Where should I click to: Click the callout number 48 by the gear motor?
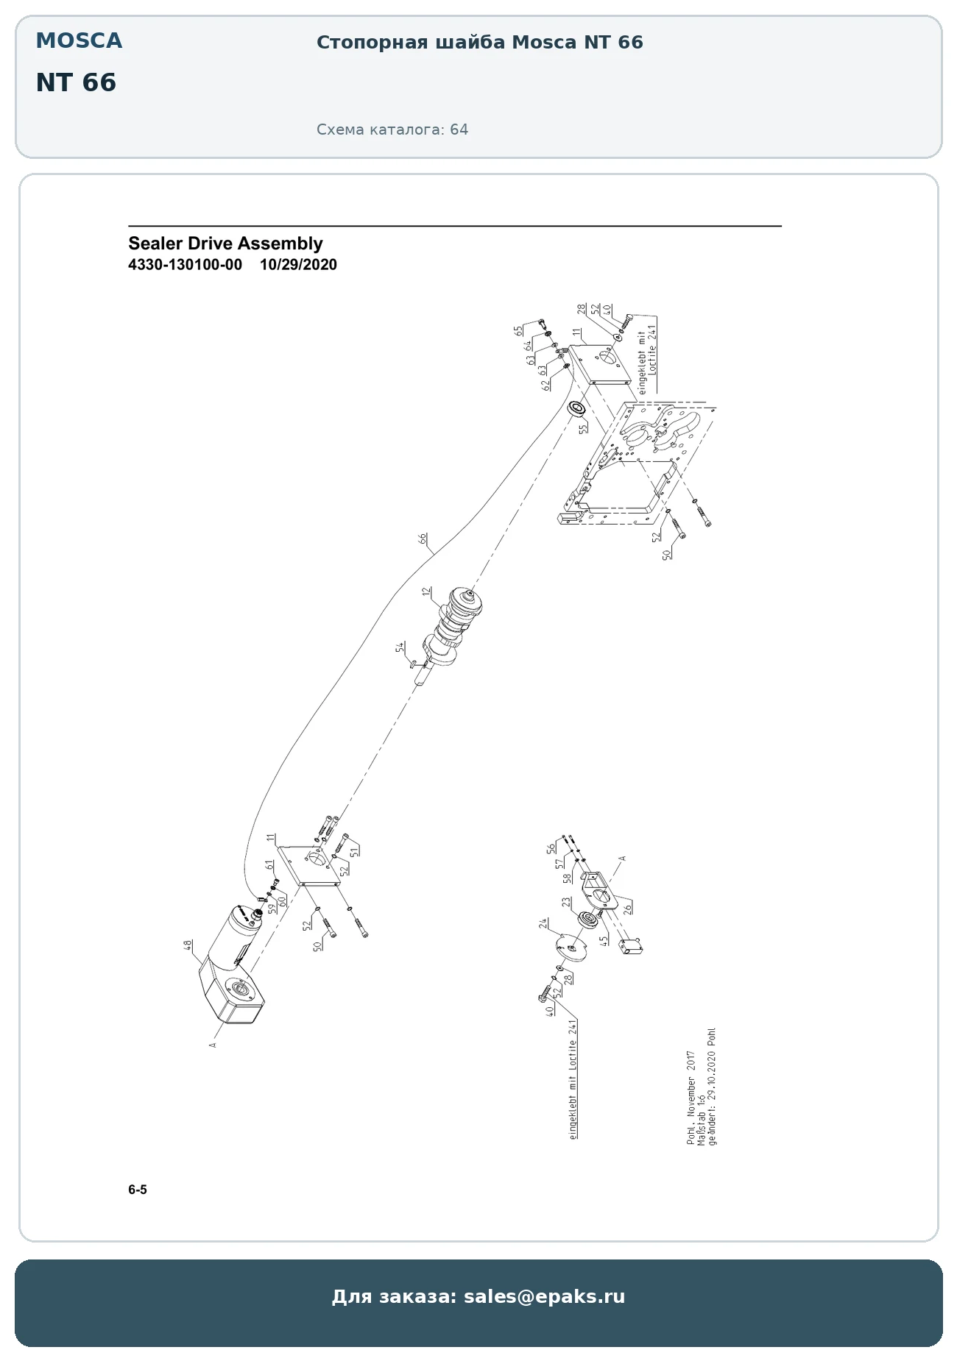click(188, 945)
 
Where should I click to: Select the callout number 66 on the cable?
click(423, 539)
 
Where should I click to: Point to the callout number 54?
click(400, 647)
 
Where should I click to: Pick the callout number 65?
click(519, 330)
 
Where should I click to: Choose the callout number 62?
click(547, 383)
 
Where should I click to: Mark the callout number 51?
click(355, 851)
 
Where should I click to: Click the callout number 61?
click(270, 865)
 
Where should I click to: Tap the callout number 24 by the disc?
click(543, 924)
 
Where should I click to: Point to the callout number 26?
click(628, 908)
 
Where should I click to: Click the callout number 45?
click(604, 940)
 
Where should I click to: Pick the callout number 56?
click(551, 848)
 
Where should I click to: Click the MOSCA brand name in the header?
click(79, 41)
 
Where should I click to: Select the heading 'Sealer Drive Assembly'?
click(225, 244)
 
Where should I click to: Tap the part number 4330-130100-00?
click(185, 265)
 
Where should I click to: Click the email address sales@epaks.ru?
click(544, 1296)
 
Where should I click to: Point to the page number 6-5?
click(138, 1190)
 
